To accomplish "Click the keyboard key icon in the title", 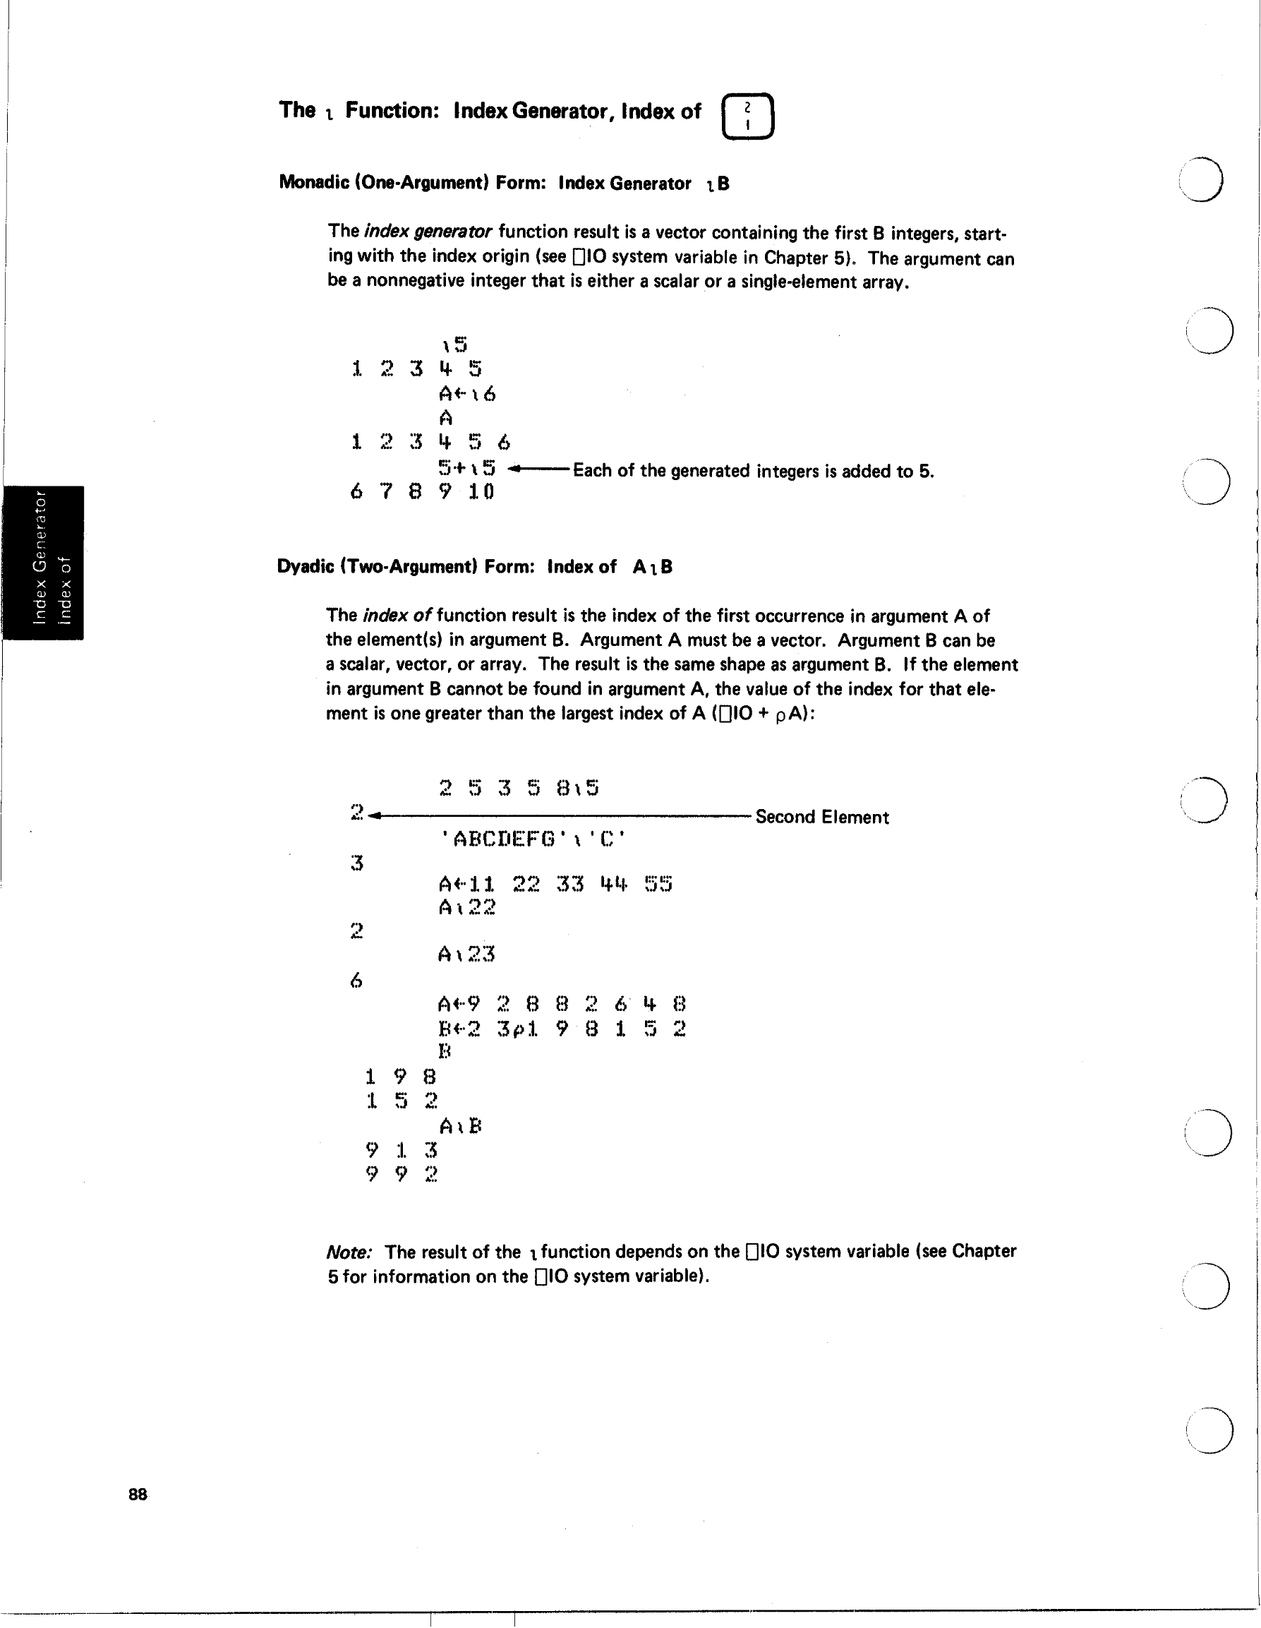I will pos(747,116).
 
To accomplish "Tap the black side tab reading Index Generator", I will pos(43,562).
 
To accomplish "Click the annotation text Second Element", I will pos(822,817).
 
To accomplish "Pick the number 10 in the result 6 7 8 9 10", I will pos(481,492).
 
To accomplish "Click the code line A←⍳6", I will pos(466,393).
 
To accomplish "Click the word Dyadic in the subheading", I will pos(305,566).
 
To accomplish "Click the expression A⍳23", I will pos(466,954).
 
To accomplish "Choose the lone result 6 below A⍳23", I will pos(356,981).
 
